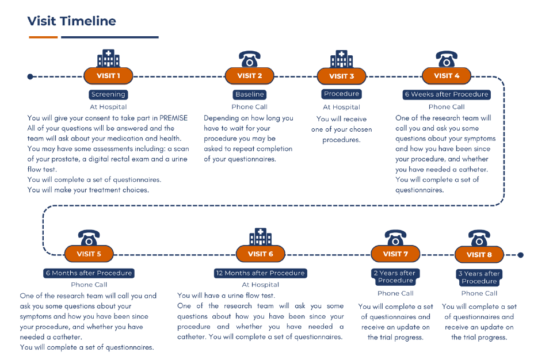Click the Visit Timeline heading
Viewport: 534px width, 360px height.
[71, 21]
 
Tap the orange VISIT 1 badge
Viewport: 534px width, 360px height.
[108, 76]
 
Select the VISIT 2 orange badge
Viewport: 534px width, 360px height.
[250, 76]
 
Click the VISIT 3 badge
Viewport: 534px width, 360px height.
[342, 76]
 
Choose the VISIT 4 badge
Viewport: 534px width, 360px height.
[447, 76]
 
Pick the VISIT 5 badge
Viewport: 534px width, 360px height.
[89, 254]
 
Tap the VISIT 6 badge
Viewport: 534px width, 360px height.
[261, 254]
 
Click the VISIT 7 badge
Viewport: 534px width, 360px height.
[395, 254]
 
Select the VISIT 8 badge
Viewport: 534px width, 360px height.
[479, 255]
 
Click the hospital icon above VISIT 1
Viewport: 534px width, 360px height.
[108, 59]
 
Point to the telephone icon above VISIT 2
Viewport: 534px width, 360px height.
[250, 59]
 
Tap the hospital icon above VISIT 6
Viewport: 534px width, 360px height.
[261, 236]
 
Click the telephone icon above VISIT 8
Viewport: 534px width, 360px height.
[479, 238]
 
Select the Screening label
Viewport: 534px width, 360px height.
[108, 94]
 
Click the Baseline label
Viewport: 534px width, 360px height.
[250, 94]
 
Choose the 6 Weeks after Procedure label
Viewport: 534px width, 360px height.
[447, 94]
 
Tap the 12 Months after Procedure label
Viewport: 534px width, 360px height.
[261, 273]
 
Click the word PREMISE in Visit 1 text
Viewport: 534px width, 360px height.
[173, 118]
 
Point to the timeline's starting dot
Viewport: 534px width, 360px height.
[30, 76]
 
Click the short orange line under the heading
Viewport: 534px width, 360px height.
[43, 37]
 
